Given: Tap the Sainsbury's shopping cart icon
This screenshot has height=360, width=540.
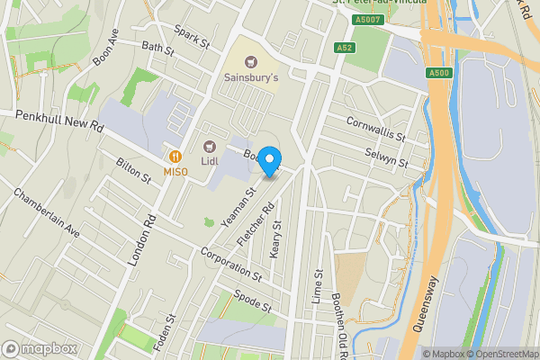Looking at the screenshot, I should coord(251,61).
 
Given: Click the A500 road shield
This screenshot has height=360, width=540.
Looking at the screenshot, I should coord(438,73).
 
